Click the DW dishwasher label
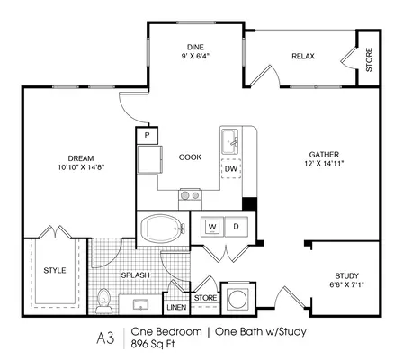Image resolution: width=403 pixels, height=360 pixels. (231, 169)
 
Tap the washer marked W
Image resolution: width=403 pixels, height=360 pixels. (212, 226)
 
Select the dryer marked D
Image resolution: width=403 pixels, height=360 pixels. (237, 226)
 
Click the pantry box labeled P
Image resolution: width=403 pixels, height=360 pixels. (147, 135)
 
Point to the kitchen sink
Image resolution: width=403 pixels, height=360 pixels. (230, 142)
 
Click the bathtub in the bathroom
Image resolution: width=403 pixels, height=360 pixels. (163, 229)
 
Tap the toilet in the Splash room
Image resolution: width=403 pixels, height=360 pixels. (103, 301)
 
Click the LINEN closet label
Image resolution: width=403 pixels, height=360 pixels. (176, 308)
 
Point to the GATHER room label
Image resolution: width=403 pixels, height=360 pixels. (324, 155)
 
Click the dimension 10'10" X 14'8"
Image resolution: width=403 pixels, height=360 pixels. (81, 167)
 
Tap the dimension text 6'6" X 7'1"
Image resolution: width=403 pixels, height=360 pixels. (346, 284)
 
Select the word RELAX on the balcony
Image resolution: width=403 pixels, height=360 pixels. (303, 56)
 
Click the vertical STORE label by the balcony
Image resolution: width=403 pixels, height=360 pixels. (369, 59)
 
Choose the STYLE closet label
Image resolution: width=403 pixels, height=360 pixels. (55, 270)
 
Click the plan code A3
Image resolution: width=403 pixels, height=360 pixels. (105, 338)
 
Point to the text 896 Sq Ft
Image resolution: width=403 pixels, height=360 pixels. (153, 344)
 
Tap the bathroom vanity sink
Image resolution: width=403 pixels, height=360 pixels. (140, 304)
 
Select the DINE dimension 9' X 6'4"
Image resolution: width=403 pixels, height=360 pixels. (195, 56)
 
